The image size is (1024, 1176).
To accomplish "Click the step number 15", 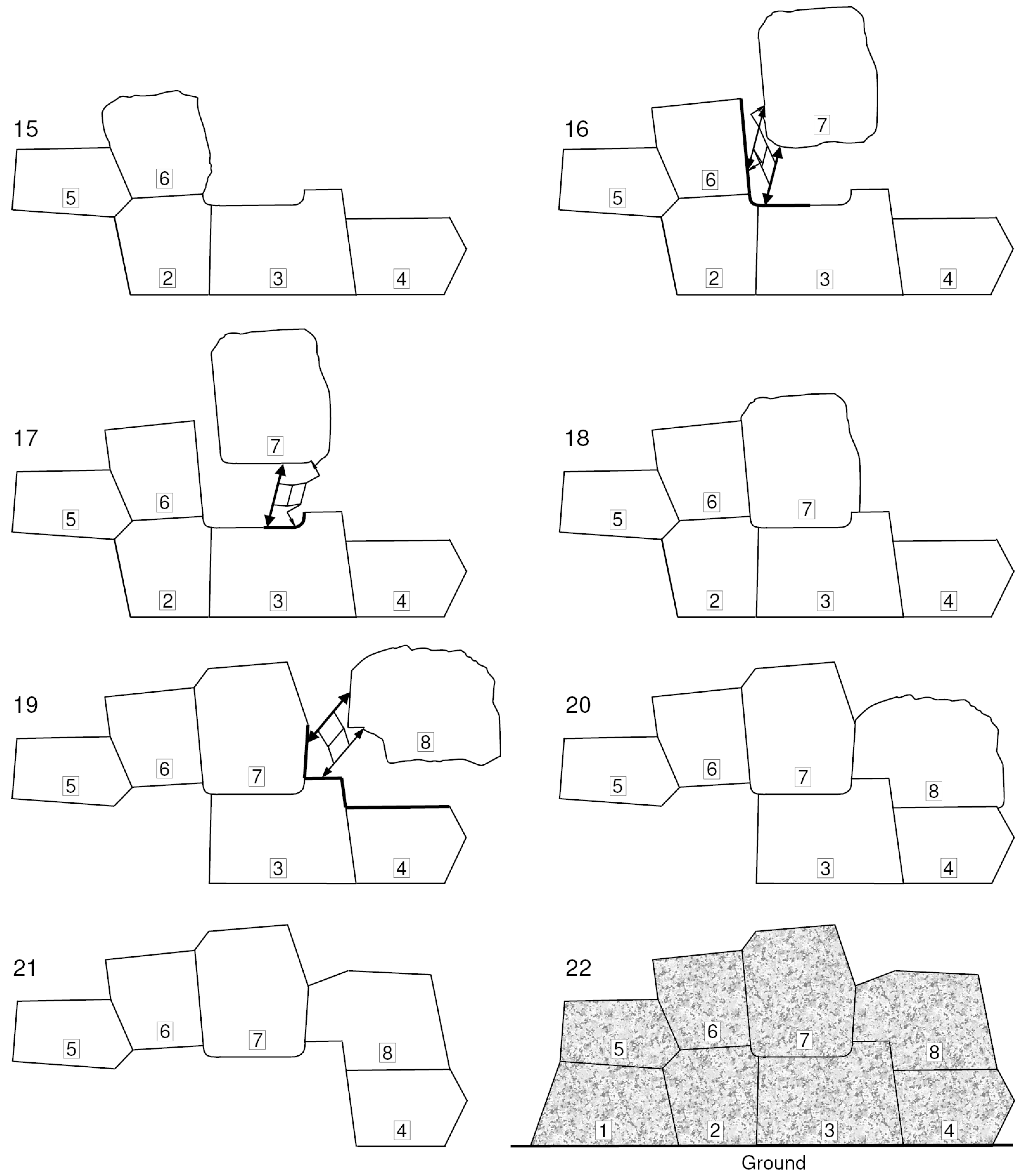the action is coord(26,129).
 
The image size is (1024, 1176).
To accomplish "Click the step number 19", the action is coord(26,705).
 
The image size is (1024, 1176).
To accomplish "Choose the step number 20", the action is coord(578,705).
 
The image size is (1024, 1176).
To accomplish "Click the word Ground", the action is coord(773,1162).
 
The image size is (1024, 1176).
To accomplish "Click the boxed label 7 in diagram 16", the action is coord(822,125).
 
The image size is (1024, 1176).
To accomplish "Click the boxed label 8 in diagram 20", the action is coord(934,791).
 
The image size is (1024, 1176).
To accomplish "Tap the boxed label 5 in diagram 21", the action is coord(71,1048).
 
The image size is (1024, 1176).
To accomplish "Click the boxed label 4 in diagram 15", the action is coord(402,279).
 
